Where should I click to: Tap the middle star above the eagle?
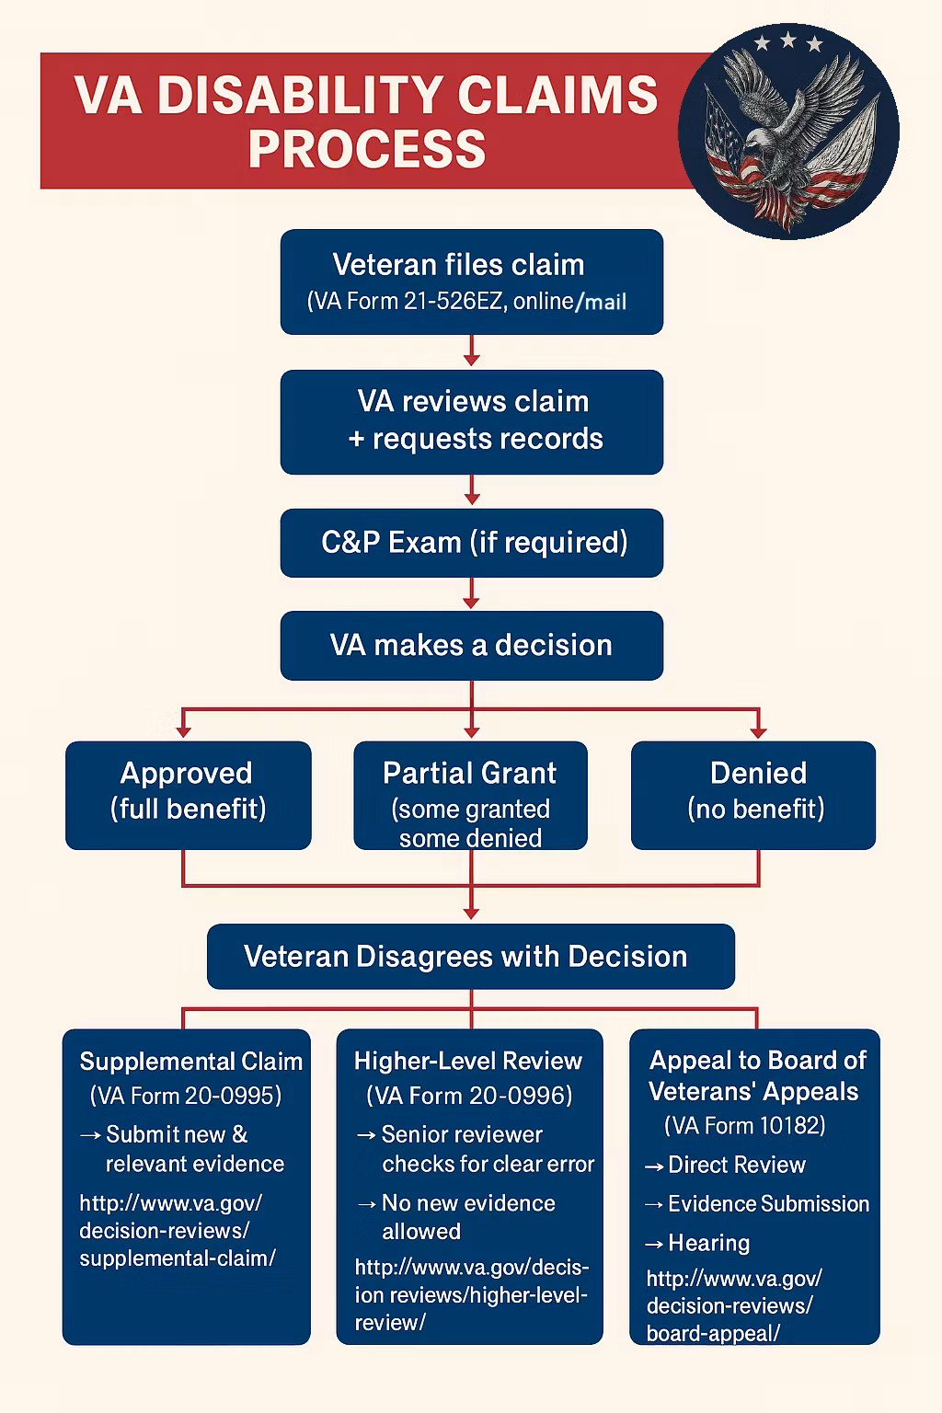(x=788, y=40)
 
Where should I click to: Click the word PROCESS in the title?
(x=366, y=149)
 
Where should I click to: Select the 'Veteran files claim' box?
(x=471, y=281)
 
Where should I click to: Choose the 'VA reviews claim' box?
(x=471, y=421)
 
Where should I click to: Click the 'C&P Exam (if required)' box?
(x=471, y=543)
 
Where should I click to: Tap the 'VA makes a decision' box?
(x=471, y=645)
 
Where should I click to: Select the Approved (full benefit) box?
(x=188, y=794)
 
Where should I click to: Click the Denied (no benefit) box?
(x=753, y=794)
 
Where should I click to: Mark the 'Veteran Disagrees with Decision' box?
(x=470, y=957)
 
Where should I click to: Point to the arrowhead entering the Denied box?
(x=758, y=731)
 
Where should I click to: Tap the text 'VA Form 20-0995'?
(x=186, y=1096)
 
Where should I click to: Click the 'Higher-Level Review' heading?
(x=467, y=1061)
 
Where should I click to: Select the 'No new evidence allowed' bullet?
(x=467, y=1216)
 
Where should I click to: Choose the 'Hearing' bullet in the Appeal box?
(x=707, y=1243)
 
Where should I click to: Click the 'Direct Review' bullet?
(x=735, y=1165)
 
